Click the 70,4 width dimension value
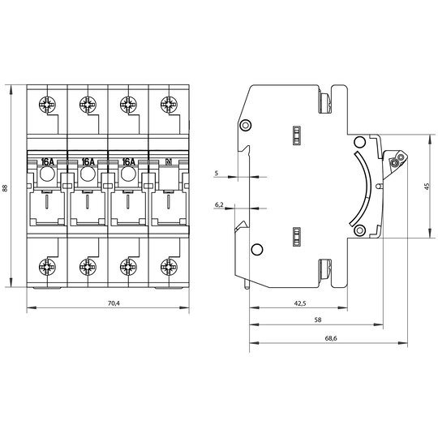[114, 303]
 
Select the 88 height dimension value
[5, 188]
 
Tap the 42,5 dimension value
[300, 303]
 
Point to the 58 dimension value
[318, 320]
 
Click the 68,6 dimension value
[331, 338]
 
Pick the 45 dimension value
[427, 187]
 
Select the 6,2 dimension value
[219, 204]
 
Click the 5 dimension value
[217, 174]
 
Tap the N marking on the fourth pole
[169, 161]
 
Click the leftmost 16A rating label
[48, 161]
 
